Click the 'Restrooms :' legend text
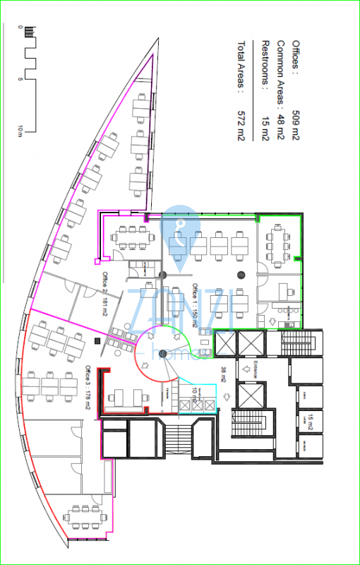265,61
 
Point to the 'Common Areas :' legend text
280,69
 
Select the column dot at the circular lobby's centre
162,353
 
